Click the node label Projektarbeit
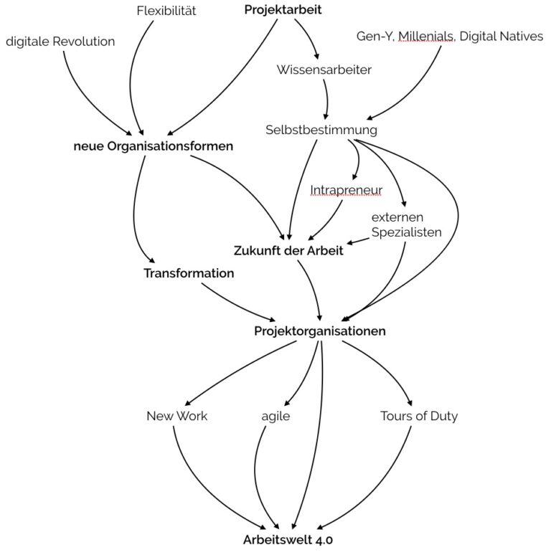(x=283, y=10)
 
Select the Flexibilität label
(x=166, y=11)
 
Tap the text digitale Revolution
(x=60, y=42)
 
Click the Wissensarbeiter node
(x=324, y=70)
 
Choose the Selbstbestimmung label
(x=321, y=130)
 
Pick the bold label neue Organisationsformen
(x=154, y=146)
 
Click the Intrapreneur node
(x=346, y=190)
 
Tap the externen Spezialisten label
(x=406, y=224)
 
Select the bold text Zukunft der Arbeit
(x=288, y=251)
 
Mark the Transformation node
(x=189, y=273)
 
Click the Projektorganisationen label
(x=320, y=331)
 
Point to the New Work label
(x=176, y=416)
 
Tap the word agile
(x=275, y=416)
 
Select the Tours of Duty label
(x=418, y=416)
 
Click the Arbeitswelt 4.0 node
(x=287, y=539)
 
